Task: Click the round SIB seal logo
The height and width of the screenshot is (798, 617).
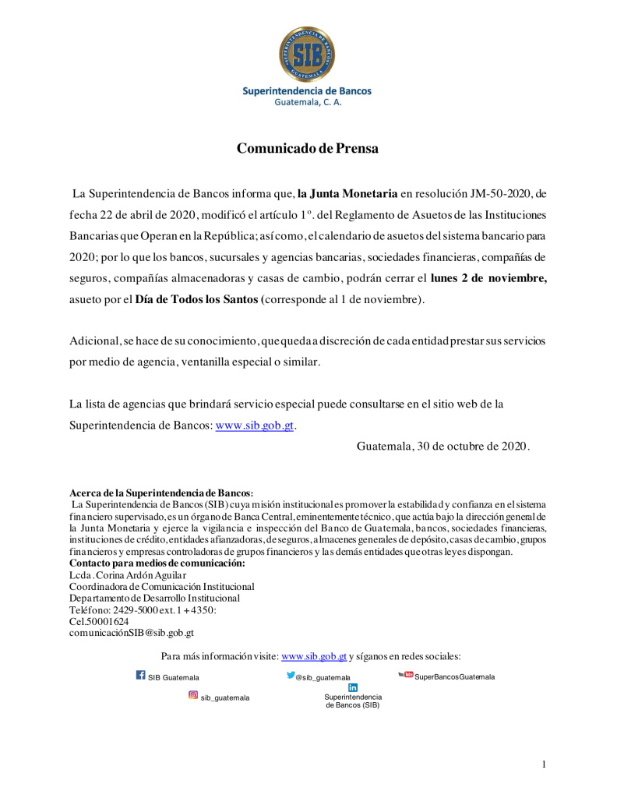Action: click(308, 53)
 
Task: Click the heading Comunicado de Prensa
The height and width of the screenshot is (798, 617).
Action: click(308, 148)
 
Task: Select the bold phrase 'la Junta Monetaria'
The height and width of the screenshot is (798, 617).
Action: click(347, 192)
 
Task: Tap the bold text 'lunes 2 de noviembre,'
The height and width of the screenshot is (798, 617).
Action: click(488, 278)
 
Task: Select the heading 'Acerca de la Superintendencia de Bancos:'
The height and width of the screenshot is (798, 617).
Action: click(161, 493)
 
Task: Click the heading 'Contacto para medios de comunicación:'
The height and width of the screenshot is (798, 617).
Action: click(157, 563)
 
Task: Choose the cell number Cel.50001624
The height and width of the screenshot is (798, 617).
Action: click(99, 622)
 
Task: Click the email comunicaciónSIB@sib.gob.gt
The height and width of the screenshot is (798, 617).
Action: click(132, 634)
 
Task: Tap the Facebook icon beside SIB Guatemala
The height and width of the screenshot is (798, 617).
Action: click(141, 676)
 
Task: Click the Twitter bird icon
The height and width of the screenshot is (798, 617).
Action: click(291, 676)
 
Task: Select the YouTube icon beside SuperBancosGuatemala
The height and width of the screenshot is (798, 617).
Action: click(405, 675)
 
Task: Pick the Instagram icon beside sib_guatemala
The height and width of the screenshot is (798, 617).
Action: click(193, 695)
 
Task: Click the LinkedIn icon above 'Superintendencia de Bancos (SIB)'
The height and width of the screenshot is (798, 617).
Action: click(353, 687)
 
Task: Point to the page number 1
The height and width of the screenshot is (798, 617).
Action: click(544, 764)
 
